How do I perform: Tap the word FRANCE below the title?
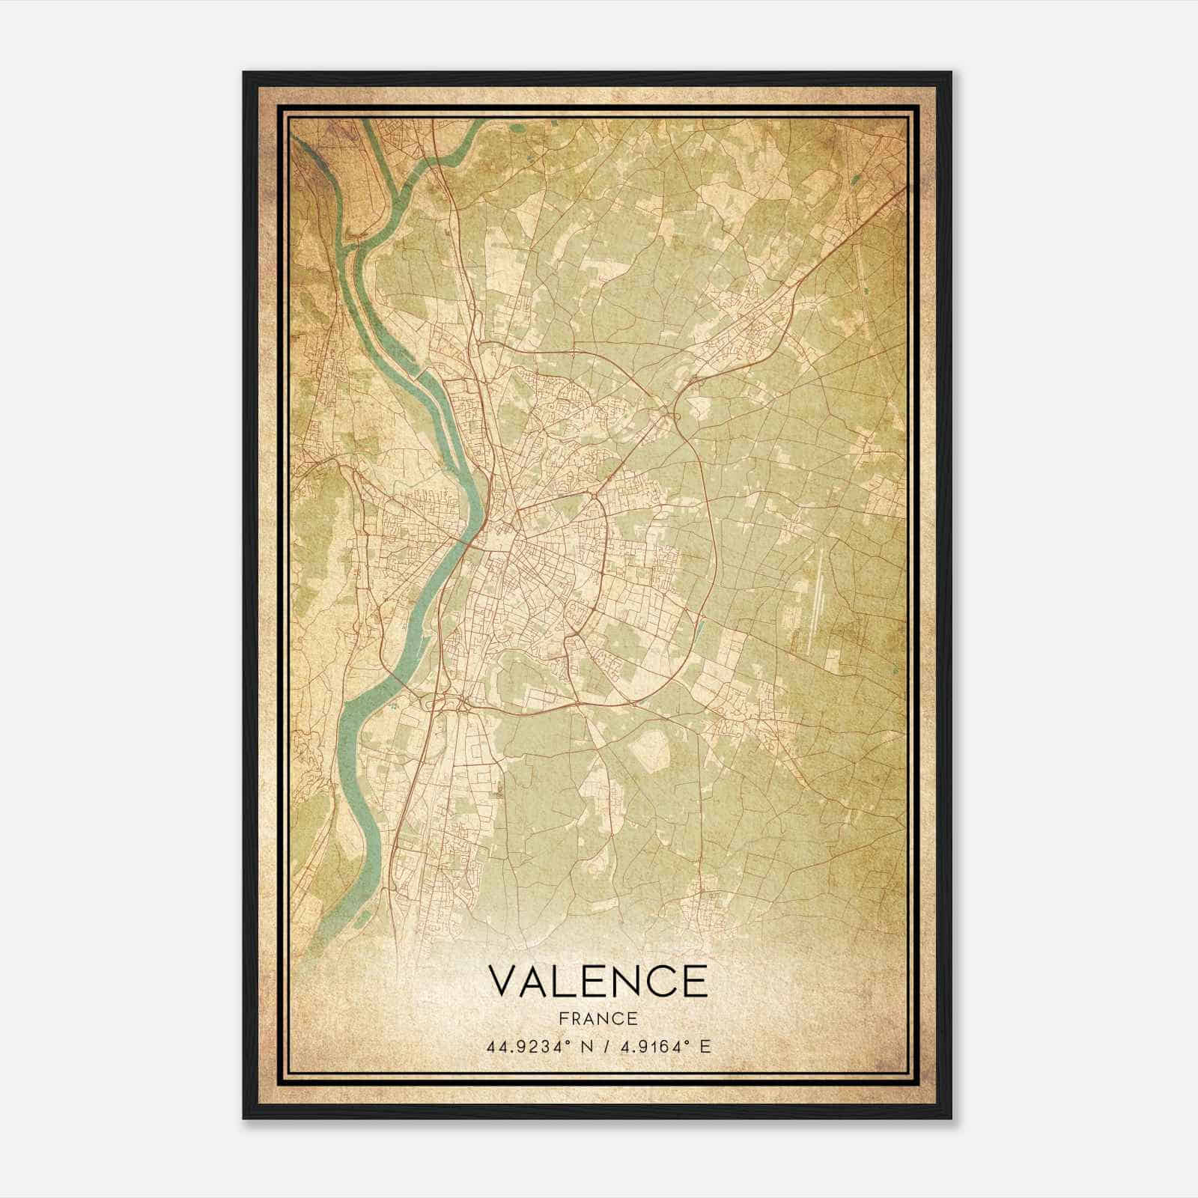tap(598, 1018)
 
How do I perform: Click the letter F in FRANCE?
tap(563, 1018)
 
